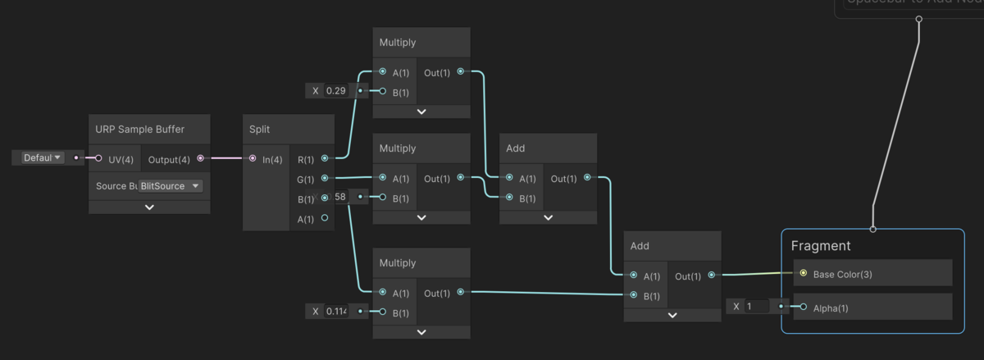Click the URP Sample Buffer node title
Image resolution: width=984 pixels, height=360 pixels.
(139, 130)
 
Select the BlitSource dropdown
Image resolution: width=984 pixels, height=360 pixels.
(171, 186)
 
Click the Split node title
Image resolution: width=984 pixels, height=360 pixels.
(259, 130)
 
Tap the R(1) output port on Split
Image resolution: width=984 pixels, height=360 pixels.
(325, 158)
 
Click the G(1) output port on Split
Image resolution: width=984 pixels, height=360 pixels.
(325, 178)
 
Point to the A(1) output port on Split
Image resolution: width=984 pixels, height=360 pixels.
(325, 218)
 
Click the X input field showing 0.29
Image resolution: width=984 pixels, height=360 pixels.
(336, 91)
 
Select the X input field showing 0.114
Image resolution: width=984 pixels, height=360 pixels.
(336, 312)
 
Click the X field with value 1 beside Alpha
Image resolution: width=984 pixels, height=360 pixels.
(756, 307)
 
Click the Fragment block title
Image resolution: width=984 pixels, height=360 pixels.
(820, 245)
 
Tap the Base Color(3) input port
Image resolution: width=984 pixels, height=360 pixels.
(803, 274)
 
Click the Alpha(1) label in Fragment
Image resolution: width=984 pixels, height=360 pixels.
(831, 308)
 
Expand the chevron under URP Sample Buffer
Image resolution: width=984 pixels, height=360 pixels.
(149, 207)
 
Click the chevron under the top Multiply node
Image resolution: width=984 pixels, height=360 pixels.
(421, 112)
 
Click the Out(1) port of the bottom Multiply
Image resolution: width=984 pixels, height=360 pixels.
(460, 292)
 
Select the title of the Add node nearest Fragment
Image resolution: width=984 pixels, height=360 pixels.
(640, 246)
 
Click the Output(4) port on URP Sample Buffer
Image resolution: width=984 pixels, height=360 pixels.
(201, 158)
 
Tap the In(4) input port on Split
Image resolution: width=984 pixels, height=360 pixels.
(253, 158)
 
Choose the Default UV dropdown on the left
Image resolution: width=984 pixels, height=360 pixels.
(43, 157)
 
